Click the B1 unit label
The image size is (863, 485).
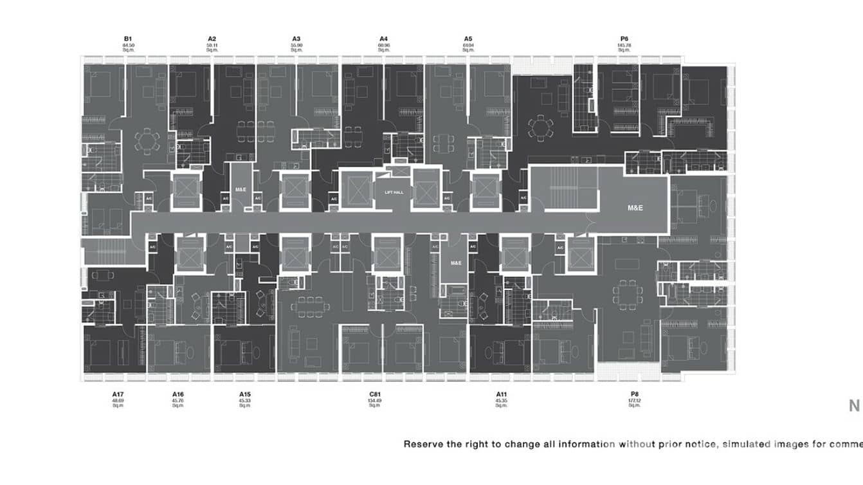pos(128,39)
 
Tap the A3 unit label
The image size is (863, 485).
pos(296,39)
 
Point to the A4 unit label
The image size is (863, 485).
pos(384,39)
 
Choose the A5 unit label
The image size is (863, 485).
pos(468,39)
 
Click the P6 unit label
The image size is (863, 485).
pos(624,39)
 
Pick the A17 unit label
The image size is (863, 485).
pos(118,394)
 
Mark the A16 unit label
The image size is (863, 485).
pos(178,394)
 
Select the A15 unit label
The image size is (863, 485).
pos(244,394)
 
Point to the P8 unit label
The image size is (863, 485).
pos(635,394)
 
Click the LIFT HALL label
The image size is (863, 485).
pos(394,191)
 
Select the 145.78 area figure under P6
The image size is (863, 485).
pos(624,45)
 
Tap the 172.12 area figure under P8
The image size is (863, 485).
pos(635,400)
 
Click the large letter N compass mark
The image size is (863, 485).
pos(855,406)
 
